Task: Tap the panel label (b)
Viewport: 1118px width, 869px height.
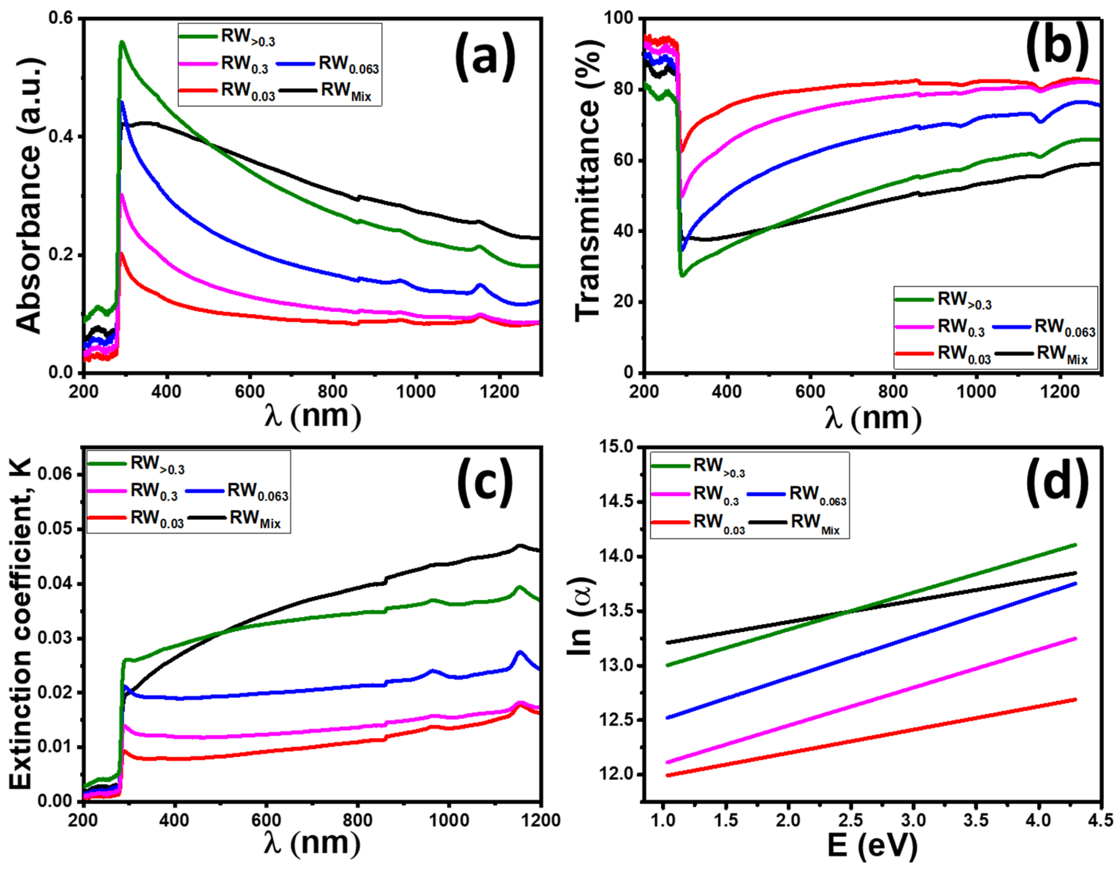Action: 1057,47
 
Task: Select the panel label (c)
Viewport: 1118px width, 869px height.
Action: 484,482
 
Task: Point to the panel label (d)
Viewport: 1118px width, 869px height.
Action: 1057,482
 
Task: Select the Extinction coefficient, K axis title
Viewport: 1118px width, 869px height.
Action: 20,623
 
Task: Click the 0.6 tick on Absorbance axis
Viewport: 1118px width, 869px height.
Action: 61,18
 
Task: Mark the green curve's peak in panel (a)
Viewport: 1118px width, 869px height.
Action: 121,42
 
